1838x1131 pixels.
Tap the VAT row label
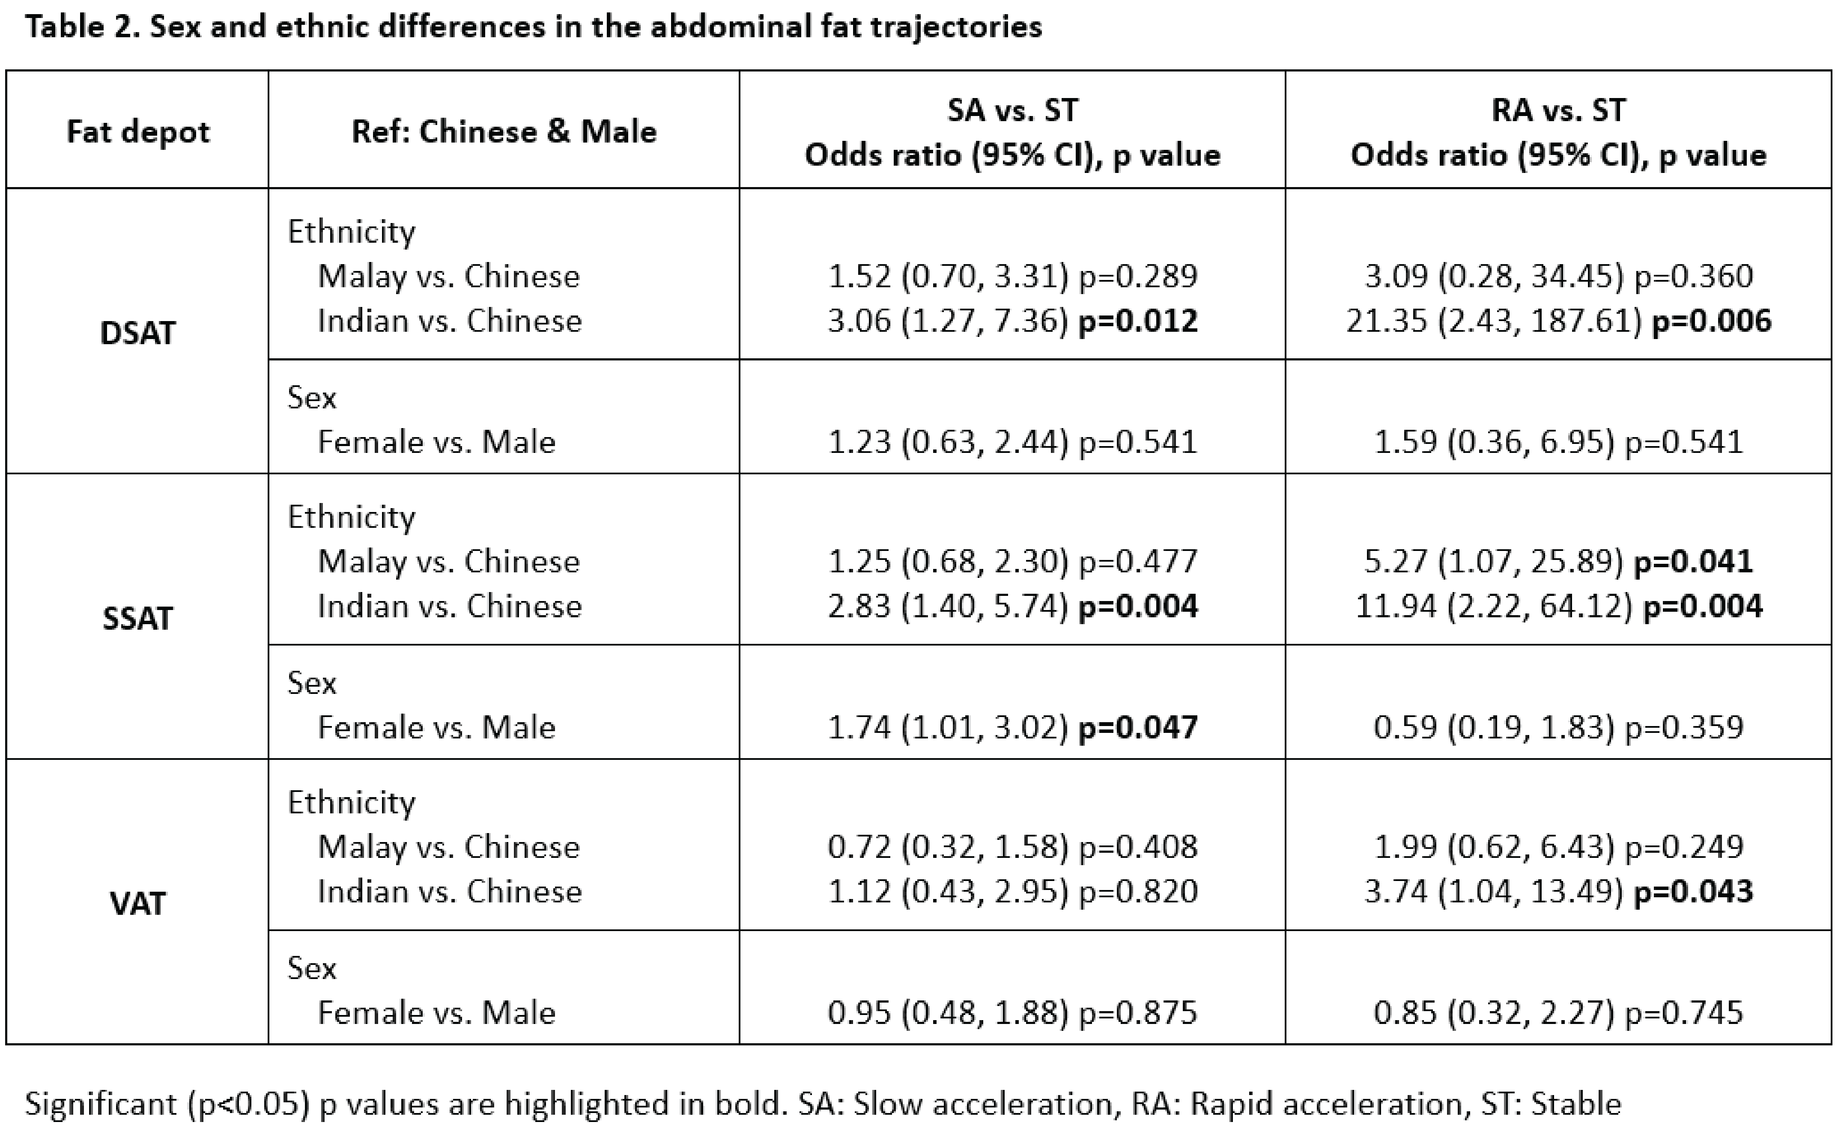tap(137, 904)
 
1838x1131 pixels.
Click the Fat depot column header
tap(137, 132)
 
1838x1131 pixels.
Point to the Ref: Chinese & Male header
tap(504, 132)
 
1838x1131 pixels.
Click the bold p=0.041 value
tap(1693, 562)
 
